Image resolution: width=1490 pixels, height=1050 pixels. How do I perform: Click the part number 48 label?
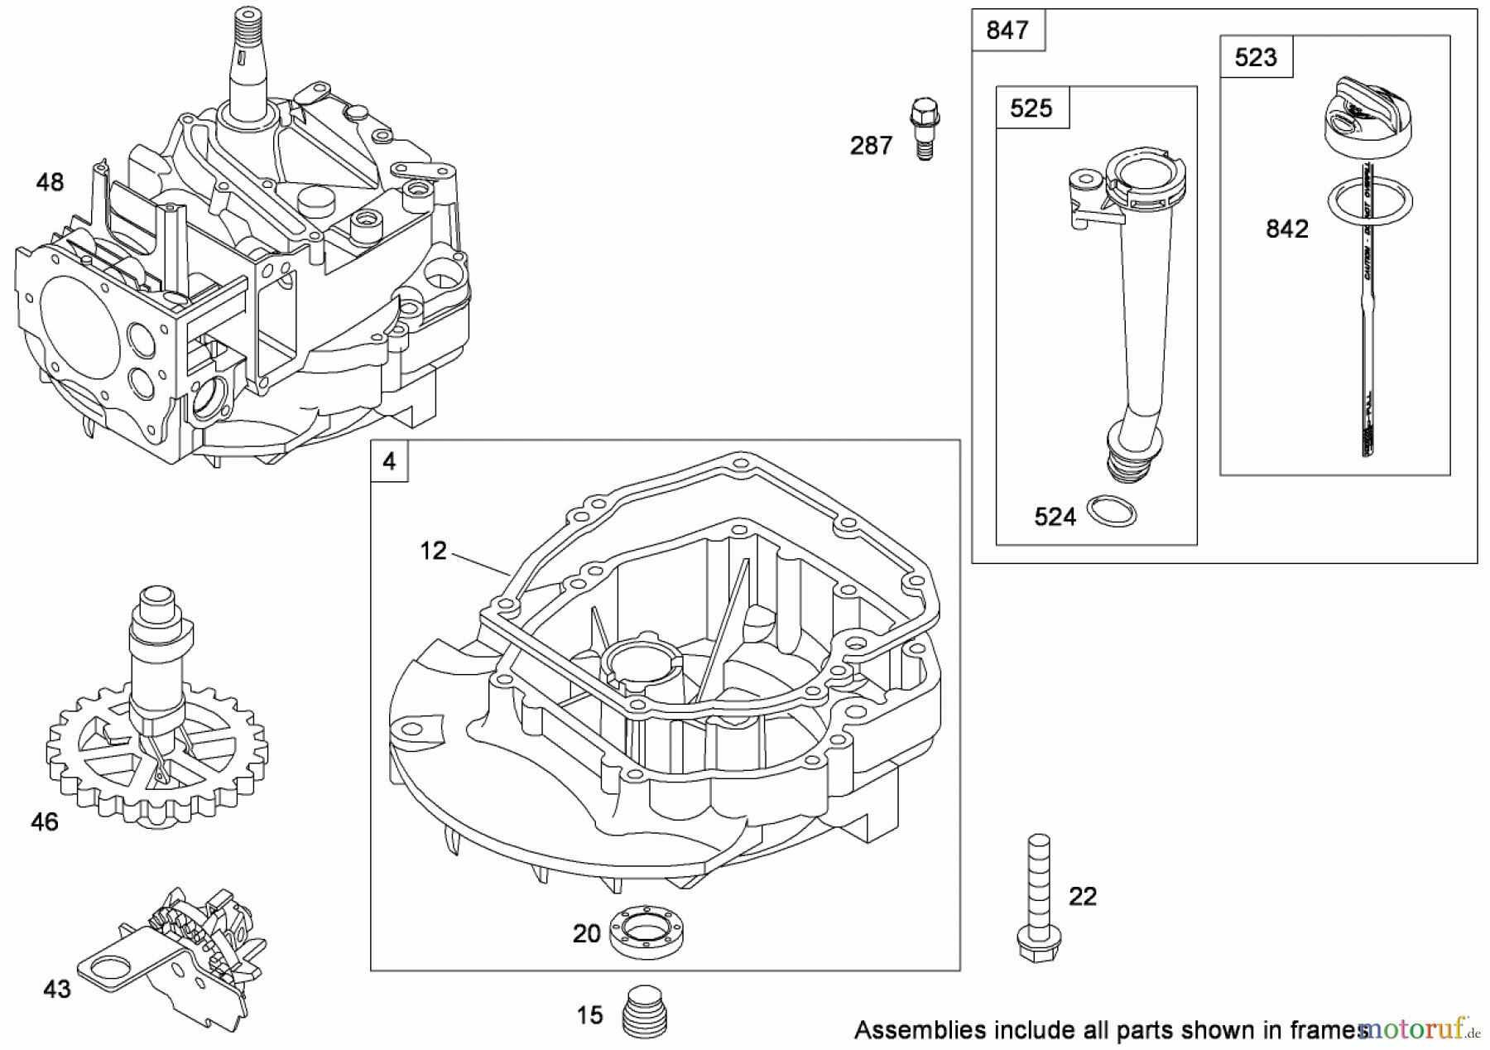pyautogui.click(x=50, y=182)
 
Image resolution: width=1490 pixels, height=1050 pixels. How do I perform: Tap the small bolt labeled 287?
pyautogui.click(x=925, y=128)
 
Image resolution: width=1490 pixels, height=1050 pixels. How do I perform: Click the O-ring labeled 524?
pyautogui.click(x=1111, y=511)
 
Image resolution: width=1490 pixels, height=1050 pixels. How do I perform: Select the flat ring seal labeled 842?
pyautogui.click(x=1369, y=201)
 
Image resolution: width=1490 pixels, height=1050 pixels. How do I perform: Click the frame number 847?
pyautogui.click(x=1007, y=31)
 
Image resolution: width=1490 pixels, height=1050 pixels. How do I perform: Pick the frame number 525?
pyautogui.click(x=1031, y=108)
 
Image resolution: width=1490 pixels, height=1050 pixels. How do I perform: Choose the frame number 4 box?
pyautogui.click(x=390, y=461)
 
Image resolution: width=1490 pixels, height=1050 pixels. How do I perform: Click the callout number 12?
pyautogui.click(x=433, y=551)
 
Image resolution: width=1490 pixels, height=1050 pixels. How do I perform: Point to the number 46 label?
pyautogui.click(x=45, y=821)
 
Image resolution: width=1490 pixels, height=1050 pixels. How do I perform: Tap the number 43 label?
pyautogui.click(x=57, y=989)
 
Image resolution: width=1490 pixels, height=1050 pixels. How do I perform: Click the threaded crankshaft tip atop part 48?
pyautogui.click(x=247, y=29)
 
